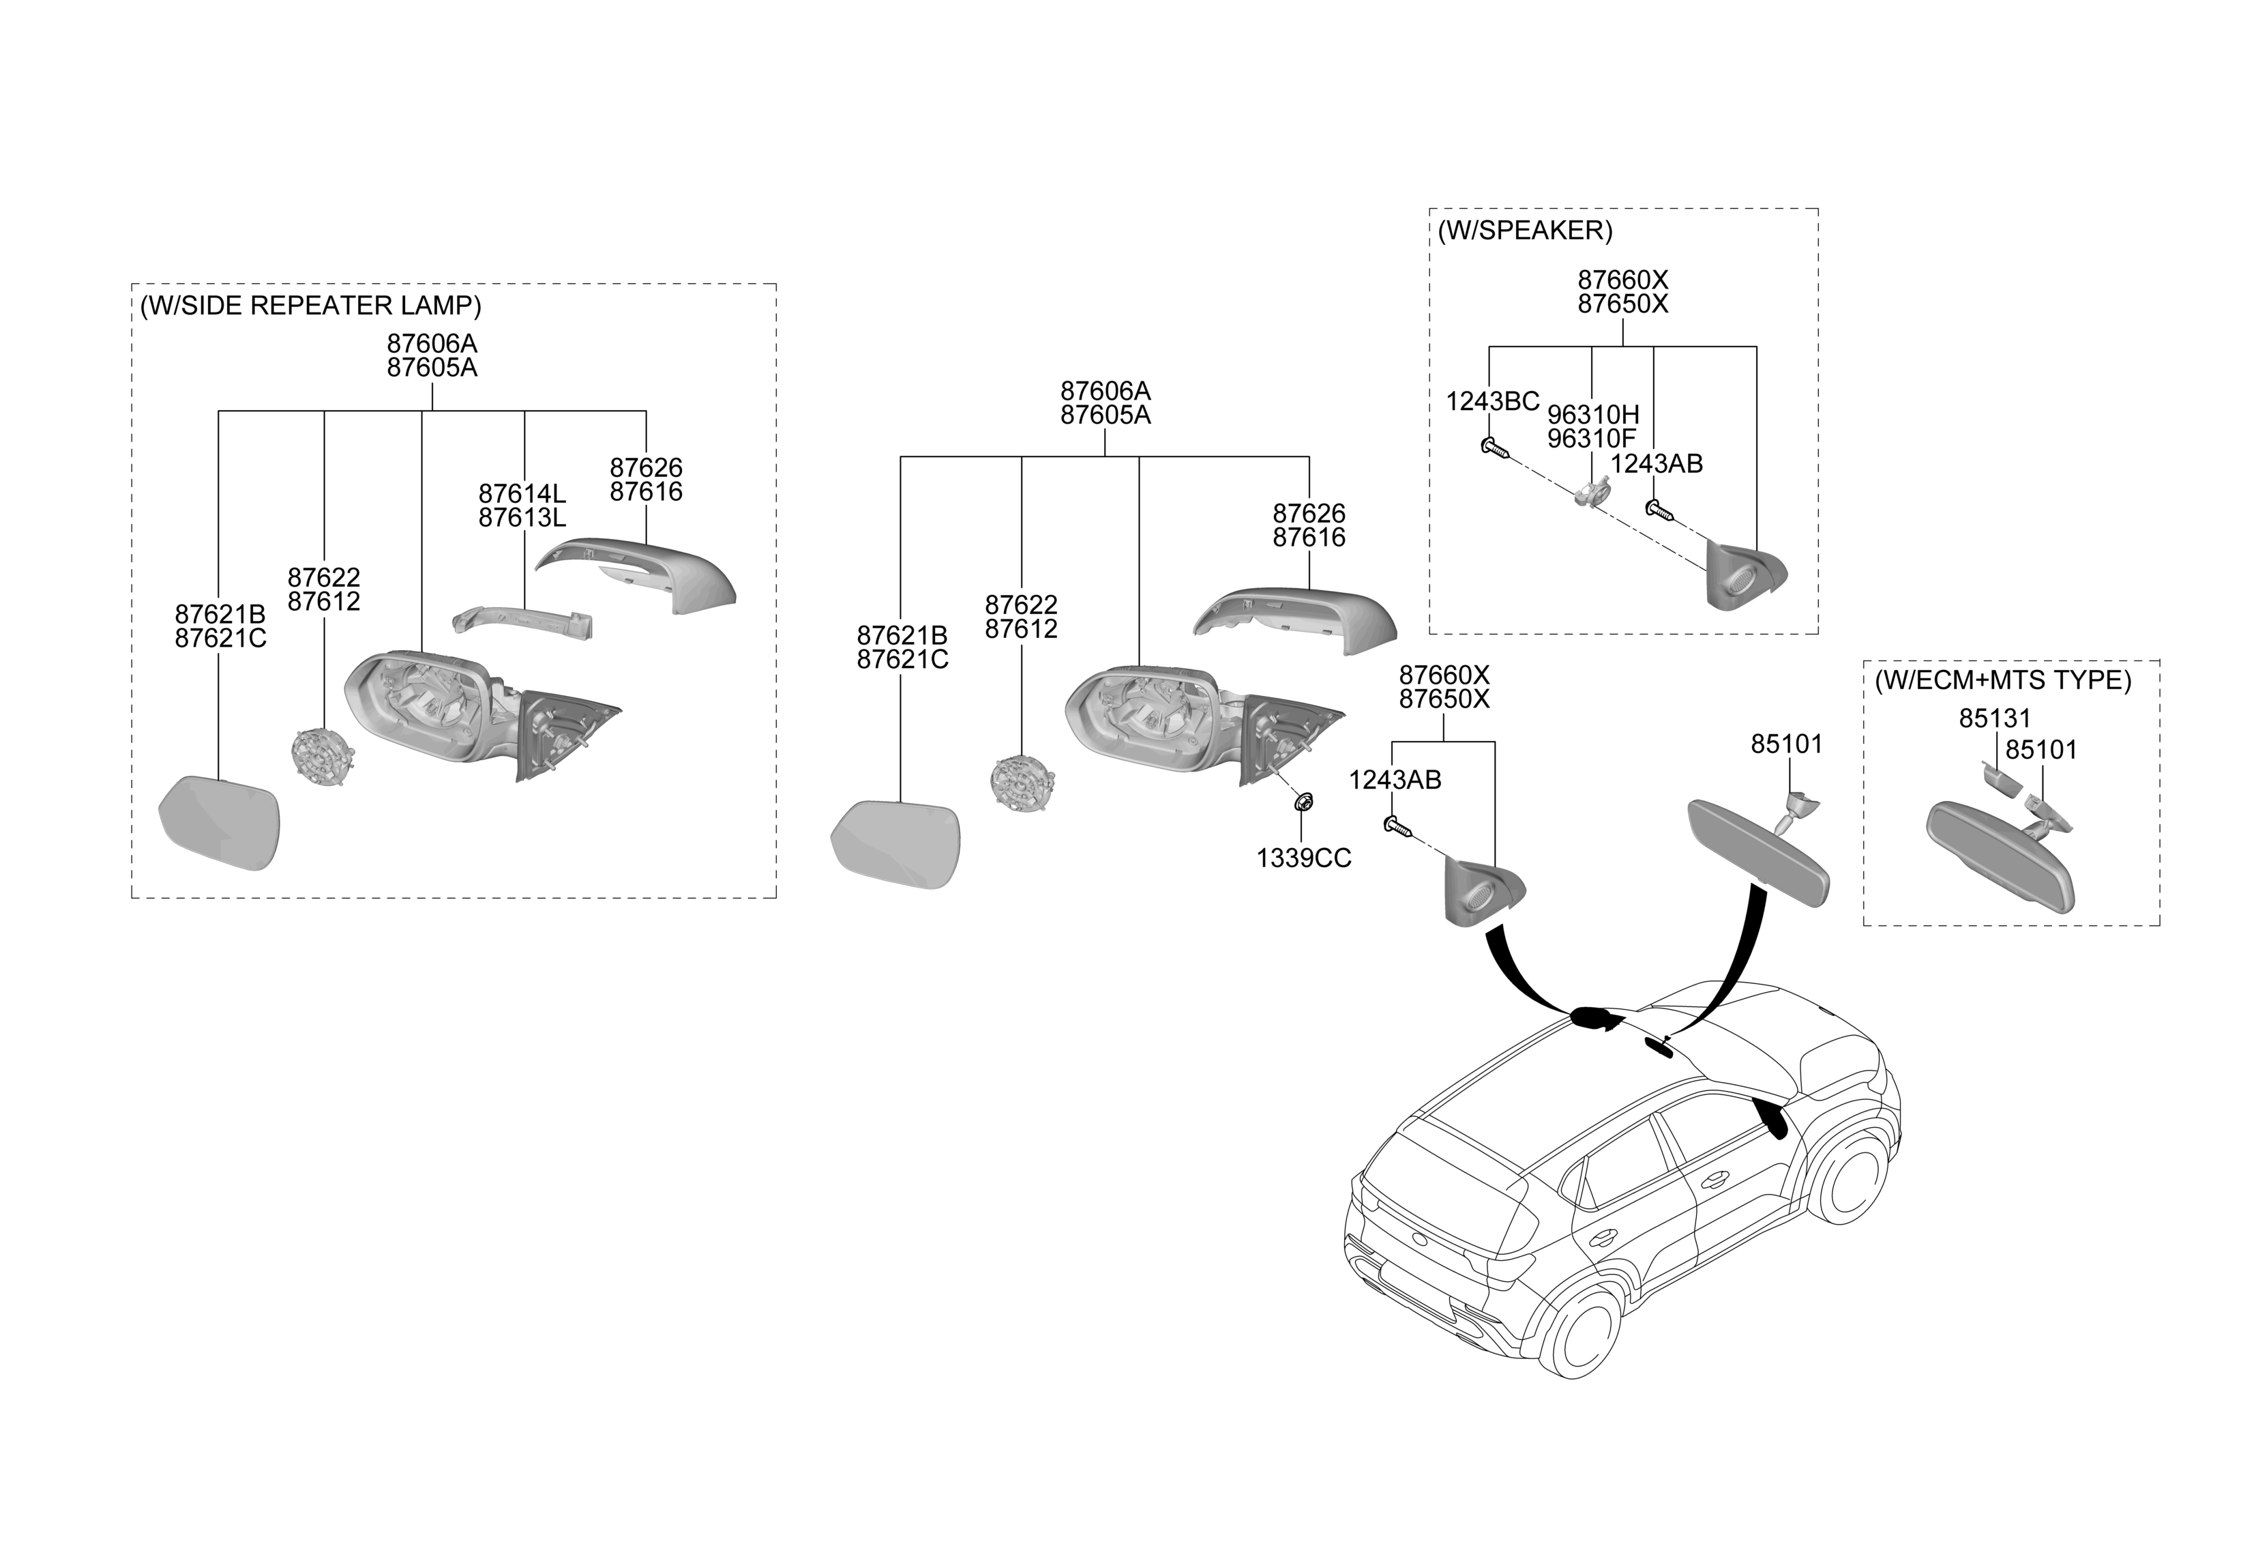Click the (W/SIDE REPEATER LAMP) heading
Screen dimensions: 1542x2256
tap(310, 306)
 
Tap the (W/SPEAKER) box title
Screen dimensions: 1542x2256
tap(1524, 231)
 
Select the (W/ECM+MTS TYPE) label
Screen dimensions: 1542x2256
tap(2002, 680)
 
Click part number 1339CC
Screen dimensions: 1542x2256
tap(1304, 858)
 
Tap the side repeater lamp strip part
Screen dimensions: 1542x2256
tap(524, 622)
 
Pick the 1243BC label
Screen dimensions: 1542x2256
tap(1492, 401)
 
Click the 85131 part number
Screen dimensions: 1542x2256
tap(1994, 718)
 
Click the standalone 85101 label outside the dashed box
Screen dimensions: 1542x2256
tap(1786, 744)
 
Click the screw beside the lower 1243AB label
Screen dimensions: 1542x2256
tap(1395, 826)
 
